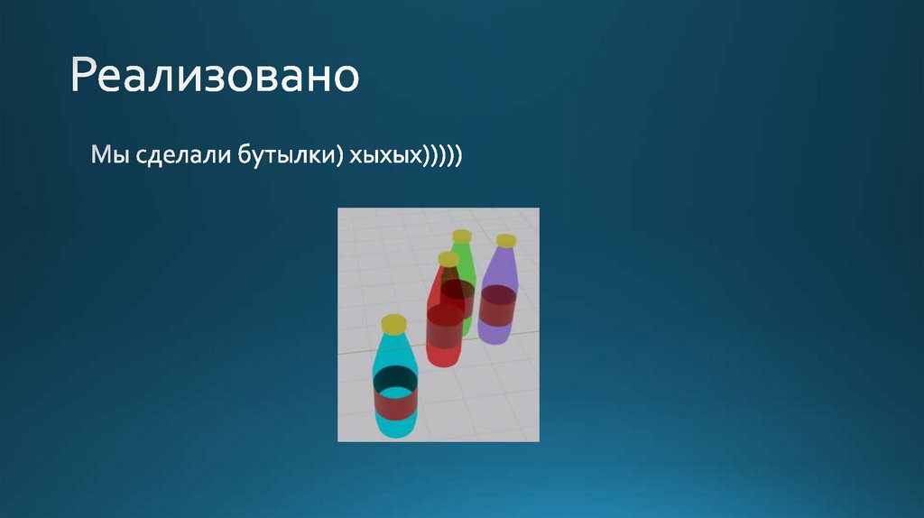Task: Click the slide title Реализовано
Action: pos(215,76)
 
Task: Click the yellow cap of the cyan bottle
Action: pos(393,323)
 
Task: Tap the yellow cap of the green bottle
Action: pos(462,236)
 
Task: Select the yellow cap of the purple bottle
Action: pos(506,240)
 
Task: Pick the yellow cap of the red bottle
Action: pos(448,259)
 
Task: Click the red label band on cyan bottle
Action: pos(395,404)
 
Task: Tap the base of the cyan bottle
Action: pos(395,429)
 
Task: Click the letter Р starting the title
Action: pos(83,76)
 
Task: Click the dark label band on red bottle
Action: pos(445,327)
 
